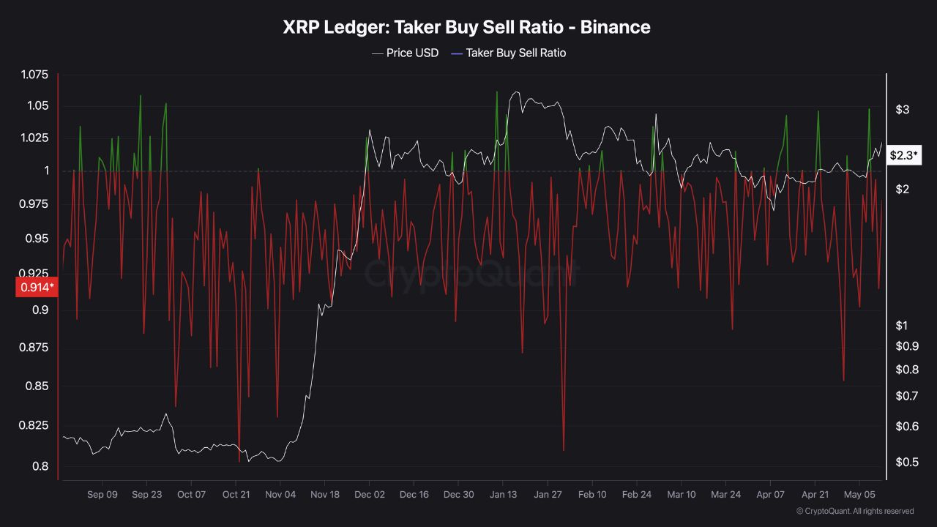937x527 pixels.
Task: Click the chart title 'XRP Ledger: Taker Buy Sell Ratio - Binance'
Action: pos(467,27)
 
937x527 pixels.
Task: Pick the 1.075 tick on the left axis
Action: pos(34,75)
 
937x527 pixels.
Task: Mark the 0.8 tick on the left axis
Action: pos(40,466)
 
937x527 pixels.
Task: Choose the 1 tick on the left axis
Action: pos(46,171)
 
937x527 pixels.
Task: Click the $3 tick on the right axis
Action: pos(902,110)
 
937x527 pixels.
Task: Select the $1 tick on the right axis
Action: pos(902,326)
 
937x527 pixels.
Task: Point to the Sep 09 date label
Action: pos(102,495)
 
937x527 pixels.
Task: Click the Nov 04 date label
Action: pos(280,495)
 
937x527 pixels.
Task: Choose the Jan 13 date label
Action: pos(503,495)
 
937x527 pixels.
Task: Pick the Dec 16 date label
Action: pos(414,495)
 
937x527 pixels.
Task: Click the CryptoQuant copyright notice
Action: pos(855,511)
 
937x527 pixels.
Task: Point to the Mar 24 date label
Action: pos(725,495)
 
